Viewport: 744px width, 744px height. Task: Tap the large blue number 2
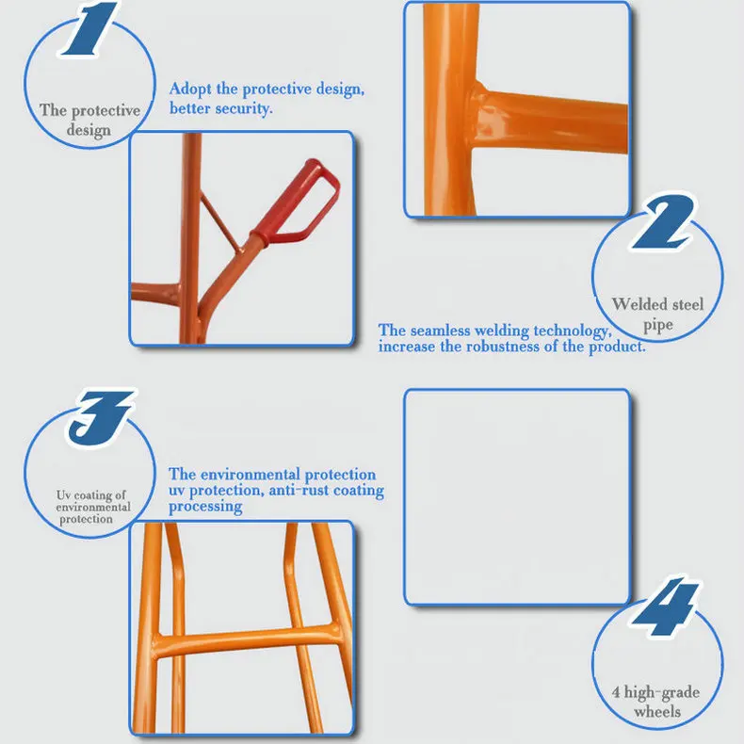point(662,222)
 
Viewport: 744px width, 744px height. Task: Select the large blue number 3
point(101,417)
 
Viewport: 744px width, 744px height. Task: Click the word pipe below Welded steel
point(657,326)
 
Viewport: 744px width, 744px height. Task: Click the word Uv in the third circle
point(64,494)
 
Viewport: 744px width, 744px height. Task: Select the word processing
point(205,507)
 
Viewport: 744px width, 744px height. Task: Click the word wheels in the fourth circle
point(657,712)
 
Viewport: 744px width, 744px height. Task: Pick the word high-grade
point(661,693)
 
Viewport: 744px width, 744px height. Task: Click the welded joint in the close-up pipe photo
point(478,114)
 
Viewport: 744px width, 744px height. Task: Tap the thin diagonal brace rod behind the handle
point(219,221)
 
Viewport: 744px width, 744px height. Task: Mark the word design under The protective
point(89,130)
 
